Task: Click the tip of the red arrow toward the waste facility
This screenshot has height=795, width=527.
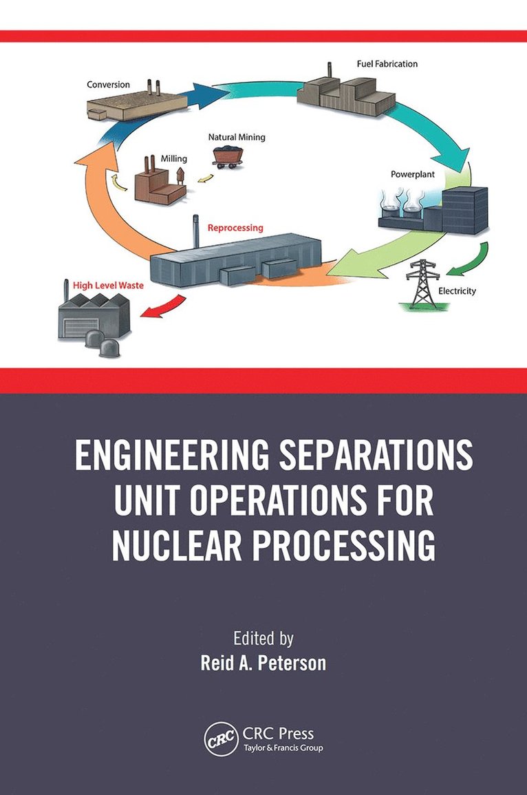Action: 140,315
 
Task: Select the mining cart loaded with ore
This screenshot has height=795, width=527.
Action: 227,155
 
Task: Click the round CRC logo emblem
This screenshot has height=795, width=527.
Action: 221,740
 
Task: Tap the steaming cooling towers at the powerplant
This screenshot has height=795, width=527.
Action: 401,208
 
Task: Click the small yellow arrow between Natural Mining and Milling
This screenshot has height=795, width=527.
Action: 205,178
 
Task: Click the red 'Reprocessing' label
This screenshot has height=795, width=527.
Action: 235,228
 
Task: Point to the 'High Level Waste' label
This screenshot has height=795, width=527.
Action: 109,286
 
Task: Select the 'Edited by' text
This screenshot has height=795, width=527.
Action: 263,638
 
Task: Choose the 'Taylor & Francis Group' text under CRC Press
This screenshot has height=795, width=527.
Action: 283,748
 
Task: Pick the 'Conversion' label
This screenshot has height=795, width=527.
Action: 109,85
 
